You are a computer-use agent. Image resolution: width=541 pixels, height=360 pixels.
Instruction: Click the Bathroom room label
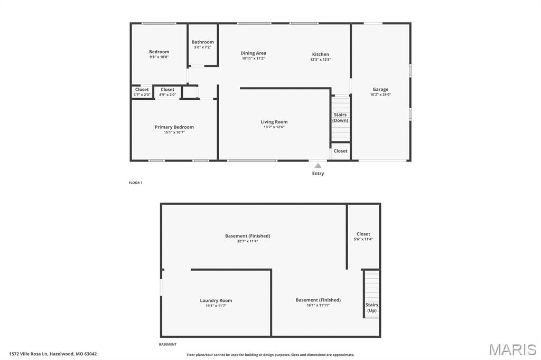coord(202,42)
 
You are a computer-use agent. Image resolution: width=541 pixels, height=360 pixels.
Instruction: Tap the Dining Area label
coord(253,53)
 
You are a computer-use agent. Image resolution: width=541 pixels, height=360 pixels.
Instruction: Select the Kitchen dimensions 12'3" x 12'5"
coord(321,60)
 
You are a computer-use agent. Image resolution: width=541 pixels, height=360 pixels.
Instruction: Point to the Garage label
coord(380,89)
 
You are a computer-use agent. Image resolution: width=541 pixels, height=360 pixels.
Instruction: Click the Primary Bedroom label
coord(174,127)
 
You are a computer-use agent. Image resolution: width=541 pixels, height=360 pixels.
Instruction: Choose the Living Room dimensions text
coord(274,127)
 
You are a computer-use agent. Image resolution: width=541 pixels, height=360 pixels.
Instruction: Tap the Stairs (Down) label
coord(340,118)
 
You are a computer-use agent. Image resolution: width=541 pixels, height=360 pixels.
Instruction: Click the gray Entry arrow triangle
coord(318,166)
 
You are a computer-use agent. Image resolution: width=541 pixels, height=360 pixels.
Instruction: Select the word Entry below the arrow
coord(318,174)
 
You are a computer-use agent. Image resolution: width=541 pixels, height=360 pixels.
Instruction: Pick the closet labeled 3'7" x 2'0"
coord(142,92)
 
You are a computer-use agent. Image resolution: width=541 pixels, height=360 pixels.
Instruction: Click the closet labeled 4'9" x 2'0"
coord(167,92)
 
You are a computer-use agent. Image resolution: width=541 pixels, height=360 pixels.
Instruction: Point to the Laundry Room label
coord(216,300)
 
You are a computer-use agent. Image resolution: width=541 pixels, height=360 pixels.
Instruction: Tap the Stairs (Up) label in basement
coord(371,308)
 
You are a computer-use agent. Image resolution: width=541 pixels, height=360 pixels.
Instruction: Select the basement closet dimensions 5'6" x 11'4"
coord(363,239)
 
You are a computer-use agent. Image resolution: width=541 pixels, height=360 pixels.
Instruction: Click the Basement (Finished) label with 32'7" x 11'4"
coord(247,238)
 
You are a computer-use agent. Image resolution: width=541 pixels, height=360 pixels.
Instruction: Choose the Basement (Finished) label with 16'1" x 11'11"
coord(318,302)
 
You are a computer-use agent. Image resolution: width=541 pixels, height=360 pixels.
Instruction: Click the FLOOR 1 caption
coord(135,183)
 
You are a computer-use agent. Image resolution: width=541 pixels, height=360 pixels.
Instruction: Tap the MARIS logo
coord(512,349)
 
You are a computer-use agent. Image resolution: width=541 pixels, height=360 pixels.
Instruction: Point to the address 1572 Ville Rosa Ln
coord(30,354)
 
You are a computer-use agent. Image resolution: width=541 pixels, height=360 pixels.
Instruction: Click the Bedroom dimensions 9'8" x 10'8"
coord(159,57)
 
